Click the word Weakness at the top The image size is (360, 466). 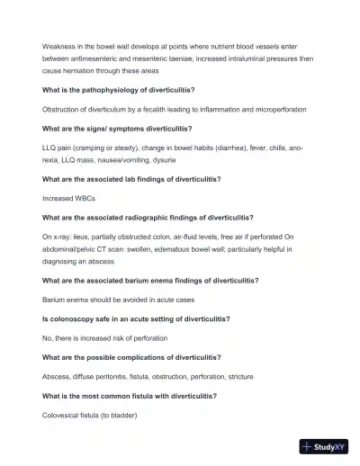coord(59,45)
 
